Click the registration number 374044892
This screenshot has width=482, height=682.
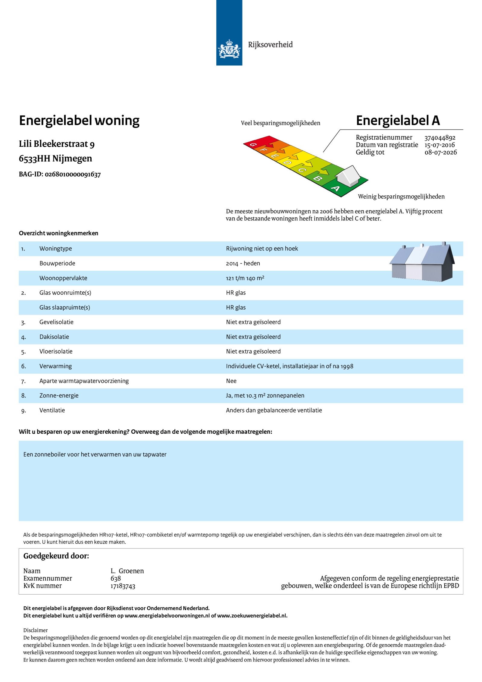tap(440, 138)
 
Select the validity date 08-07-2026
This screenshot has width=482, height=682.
tap(440, 152)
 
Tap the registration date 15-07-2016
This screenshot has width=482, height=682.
tap(440, 145)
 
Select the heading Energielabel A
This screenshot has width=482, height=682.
tap(398, 121)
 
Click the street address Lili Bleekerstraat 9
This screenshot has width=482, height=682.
tap(57, 144)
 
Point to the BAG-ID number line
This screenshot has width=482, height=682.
tap(60, 174)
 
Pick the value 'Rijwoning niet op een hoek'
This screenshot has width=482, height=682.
tap(262, 249)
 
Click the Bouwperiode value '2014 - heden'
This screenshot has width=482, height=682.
tap(243, 263)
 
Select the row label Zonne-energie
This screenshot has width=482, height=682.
tap(59, 396)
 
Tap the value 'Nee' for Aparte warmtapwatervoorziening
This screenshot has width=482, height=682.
tap(231, 381)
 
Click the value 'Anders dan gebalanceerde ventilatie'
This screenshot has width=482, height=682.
tap(274, 410)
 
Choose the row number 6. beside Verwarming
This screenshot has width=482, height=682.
tap(23, 366)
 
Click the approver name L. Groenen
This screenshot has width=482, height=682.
tap(127, 571)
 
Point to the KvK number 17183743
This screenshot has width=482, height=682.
tap(123, 586)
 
